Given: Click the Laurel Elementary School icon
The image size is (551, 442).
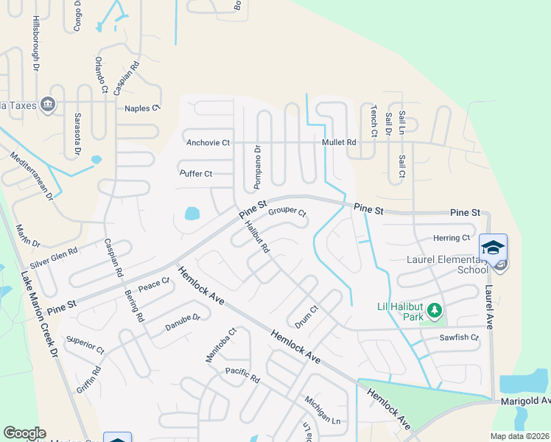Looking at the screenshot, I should [x=493, y=247].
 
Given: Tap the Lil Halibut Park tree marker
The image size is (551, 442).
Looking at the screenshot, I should [x=435, y=312].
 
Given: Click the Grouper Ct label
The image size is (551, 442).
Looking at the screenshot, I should [x=287, y=212].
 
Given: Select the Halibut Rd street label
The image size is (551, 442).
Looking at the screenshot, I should [x=256, y=237].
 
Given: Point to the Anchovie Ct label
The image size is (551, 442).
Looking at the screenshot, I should [x=208, y=142].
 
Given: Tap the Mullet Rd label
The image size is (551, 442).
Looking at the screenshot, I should [x=339, y=142].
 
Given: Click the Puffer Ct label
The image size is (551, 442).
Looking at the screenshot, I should [x=196, y=174].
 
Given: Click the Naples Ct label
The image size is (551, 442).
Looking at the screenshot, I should [x=142, y=108].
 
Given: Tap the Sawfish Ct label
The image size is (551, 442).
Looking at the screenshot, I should [x=459, y=338].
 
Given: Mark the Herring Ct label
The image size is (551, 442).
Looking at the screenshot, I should [x=452, y=238].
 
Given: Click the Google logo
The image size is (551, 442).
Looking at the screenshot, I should [x=24, y=433].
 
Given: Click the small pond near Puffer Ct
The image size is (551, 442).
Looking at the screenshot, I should [x=192, y=214].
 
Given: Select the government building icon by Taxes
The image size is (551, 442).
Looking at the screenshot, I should [x=49, y=105].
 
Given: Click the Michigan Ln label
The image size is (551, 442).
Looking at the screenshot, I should [x=323, y=410].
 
